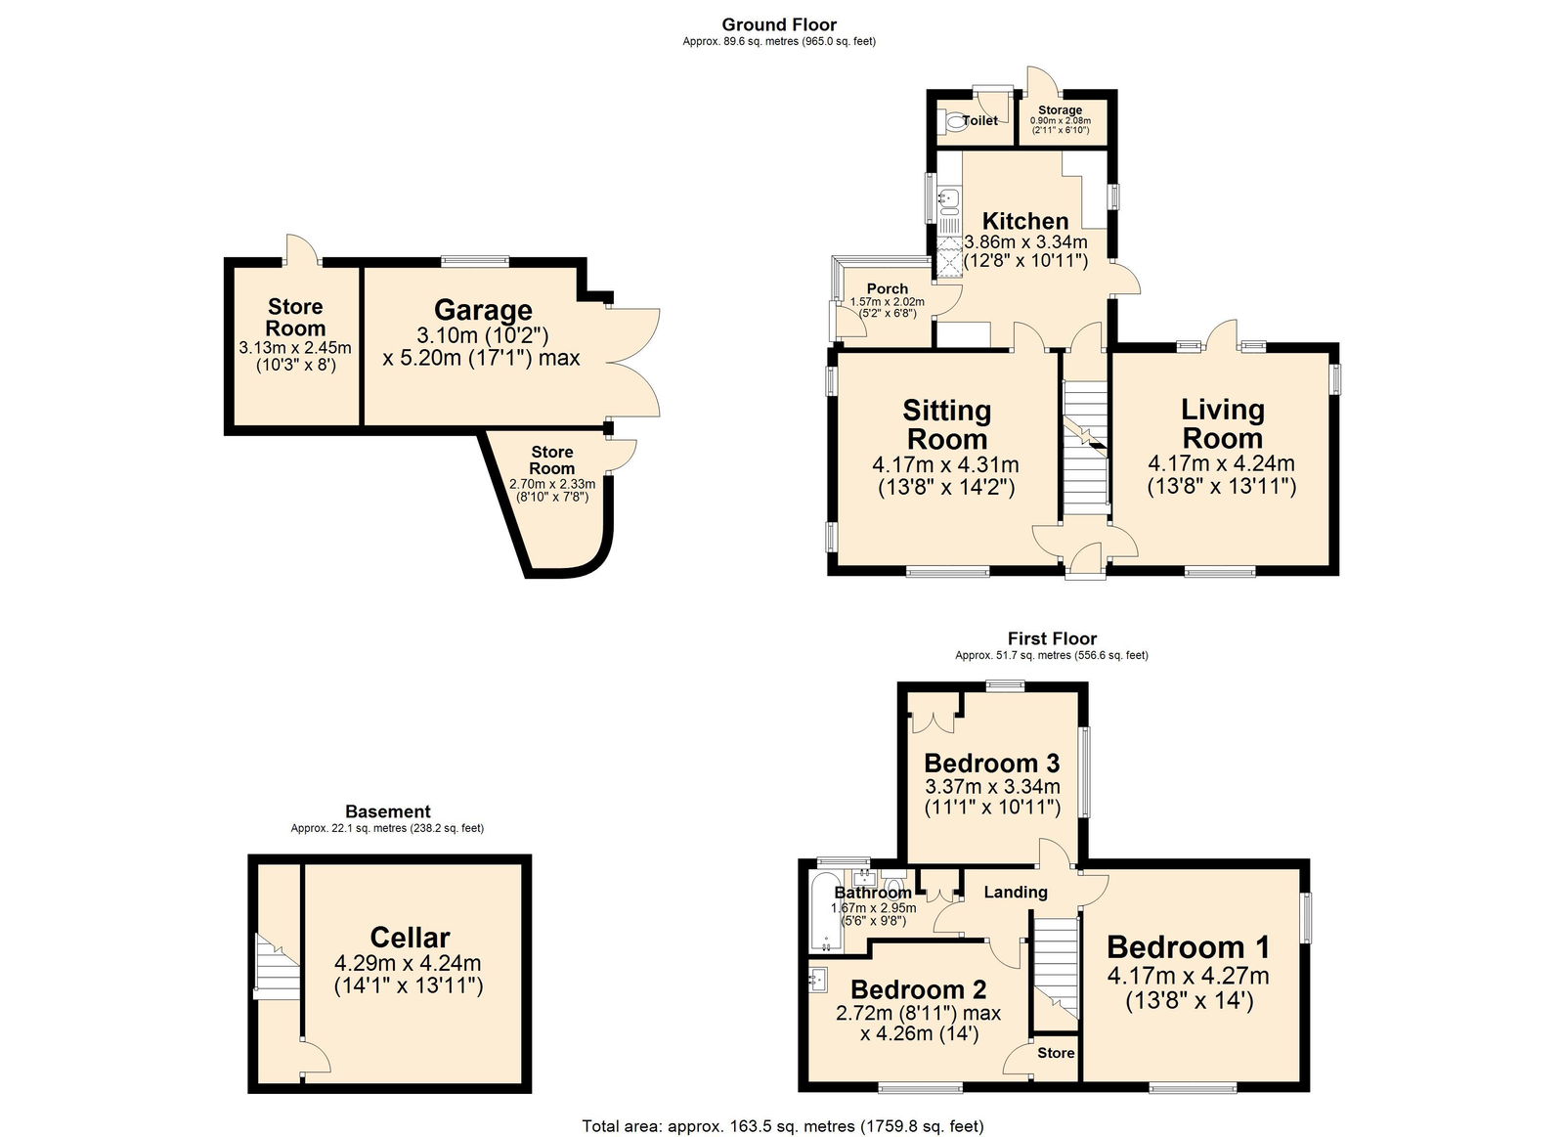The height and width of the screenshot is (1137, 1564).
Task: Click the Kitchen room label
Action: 1024,221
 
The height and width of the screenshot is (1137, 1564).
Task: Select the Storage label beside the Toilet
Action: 1060,110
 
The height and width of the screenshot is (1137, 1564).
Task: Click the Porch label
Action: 887,288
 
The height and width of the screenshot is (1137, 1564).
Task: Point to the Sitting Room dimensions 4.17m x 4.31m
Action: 945,465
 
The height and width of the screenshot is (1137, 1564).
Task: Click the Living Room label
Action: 1222,423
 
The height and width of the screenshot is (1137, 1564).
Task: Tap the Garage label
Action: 483,310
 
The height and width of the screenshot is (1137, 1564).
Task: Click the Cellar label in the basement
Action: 410,938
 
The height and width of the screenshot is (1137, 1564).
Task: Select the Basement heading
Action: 387,811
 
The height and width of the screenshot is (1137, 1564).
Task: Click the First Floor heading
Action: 1052,638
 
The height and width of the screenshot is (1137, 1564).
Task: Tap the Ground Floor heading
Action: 779,24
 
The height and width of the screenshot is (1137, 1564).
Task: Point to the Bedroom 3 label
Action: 991,763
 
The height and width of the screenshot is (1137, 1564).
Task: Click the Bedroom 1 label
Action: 1188,946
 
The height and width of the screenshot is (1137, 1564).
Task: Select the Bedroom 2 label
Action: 918,990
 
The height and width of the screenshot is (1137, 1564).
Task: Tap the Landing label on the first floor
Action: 1015,892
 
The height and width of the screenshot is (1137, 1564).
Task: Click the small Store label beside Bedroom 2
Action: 1056,1053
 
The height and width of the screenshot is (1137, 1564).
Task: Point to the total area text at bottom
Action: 782,1126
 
